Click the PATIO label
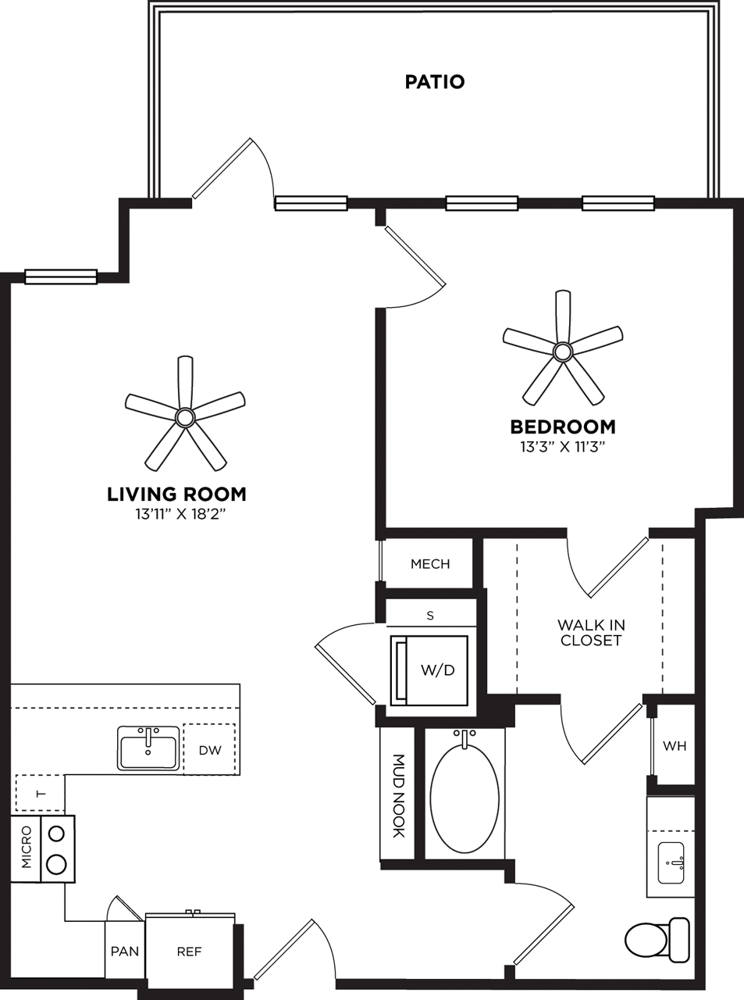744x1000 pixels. [435, 82]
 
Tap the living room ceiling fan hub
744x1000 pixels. [185, 417]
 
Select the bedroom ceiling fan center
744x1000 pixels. [562, 352]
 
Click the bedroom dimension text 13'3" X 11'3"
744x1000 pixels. [563, 447]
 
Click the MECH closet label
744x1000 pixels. [430, 564]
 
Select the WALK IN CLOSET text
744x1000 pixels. [591, 633]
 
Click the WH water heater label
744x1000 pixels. [675, 746]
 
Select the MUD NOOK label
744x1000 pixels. [398, 795]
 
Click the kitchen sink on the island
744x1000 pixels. [148, 748]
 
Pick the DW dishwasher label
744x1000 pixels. [210, 750]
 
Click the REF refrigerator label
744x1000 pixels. [189, 952]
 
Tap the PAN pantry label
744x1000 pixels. [125, 952]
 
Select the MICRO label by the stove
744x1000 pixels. [27, 848]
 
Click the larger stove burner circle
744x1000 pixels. [56, 863]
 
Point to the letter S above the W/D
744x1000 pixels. [430, 616]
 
